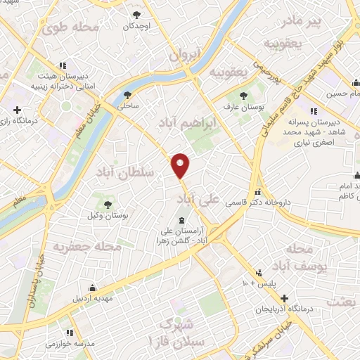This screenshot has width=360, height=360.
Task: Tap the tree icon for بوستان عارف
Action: point(243,96)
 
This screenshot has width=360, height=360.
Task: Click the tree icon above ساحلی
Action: point(127,95)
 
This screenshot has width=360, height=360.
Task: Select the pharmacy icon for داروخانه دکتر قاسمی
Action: point(258,192)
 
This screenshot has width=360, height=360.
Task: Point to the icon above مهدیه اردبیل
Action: point(93,287)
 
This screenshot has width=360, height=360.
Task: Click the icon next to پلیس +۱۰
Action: point(259,273)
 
